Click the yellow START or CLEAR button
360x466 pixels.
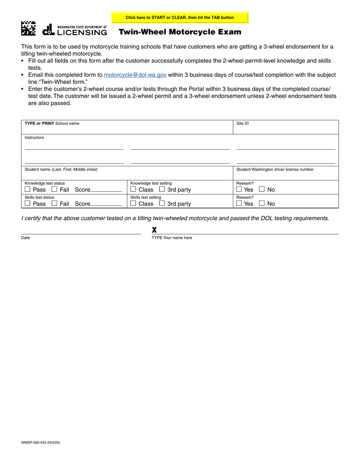click(x=180, y=17)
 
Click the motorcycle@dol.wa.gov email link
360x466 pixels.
click(x=135, y=75)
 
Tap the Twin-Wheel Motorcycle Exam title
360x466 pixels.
click(x=180, y=32)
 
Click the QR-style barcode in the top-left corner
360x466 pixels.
click(x=28, y=29)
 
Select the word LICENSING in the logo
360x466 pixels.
click(x=82, y=33)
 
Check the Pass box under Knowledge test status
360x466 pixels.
click(x=27, y=189)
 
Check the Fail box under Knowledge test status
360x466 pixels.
click(x=54, y=189)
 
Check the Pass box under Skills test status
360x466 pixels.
click(x=27, y=203)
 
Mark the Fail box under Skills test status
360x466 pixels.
click(x=54, y=203)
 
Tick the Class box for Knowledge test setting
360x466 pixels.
click(x=133, y=189)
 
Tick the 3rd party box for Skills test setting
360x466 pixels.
click(x=162, y=203)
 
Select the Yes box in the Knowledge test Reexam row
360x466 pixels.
click(x=239, y=189)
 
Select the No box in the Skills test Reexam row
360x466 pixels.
click(x=262, y=203)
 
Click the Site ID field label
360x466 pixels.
click(x=243, y=124)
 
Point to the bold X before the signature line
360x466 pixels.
click(x=154, y=230)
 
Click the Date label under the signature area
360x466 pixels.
click(x=25, y=238)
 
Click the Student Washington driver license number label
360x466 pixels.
click(x=275, y=169)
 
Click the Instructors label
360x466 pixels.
click(x=34, y=138)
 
